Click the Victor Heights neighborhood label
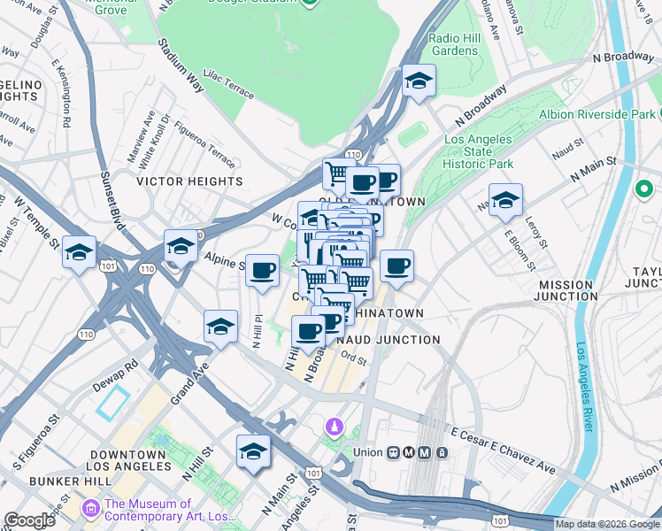[189, 181]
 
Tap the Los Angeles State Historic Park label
[478, 152]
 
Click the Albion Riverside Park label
[598, 114]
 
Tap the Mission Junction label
[566, 291]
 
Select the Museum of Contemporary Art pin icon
[91, 509]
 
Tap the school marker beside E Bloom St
[505, 200]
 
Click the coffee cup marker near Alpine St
[262, 271]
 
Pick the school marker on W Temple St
[79, 253]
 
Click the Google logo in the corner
[29, 520]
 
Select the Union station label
[367, 452]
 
